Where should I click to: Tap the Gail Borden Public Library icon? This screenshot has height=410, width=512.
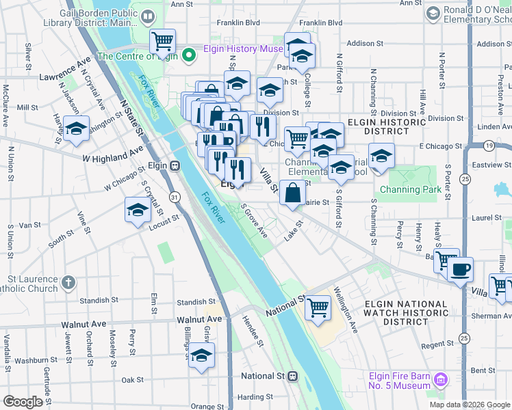pyautogui.click(x=149, y=16)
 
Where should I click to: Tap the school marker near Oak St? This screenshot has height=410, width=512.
pyautogui.click(x=201, y=355)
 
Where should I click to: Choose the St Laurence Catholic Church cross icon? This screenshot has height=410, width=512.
pyautogui.click(x=68, y=281)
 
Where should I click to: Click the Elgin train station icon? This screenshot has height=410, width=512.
pyautogui.click(x=175, y=165)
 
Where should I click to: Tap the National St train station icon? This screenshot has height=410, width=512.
pyautogui.click(x=292, y=376)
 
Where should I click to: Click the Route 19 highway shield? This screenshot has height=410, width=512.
pyautogui.click(x=488, y=146)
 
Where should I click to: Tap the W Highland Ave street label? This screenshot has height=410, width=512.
pyautogui.click(x=113, y=154)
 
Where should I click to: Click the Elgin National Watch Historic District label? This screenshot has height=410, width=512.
pyautogui.click(x=406, y=312)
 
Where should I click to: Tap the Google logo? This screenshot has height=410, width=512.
pyautogui.click(x=23, y=402)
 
